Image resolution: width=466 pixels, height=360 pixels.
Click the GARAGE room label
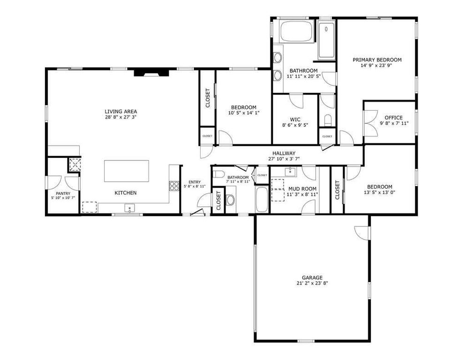(x=312, y=277)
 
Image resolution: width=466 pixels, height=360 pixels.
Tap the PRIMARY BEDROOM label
(x=377, y=60)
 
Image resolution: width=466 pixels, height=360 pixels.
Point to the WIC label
(x=295, y=119)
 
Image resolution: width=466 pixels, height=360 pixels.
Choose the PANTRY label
(x=63, y=193)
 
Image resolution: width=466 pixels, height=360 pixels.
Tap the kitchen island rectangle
(x=127, y=171)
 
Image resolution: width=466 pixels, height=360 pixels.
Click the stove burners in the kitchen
(x=174, y=185)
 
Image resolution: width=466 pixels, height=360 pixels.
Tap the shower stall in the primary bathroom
(x=326, y=41)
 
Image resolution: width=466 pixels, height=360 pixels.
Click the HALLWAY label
(x=284, y=153)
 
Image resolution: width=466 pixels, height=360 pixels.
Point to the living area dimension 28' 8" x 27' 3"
(x=121, y=117)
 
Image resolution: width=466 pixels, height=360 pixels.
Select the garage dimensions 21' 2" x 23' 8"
(x=312, y=283)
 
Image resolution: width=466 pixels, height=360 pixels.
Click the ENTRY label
(x=194, y=182)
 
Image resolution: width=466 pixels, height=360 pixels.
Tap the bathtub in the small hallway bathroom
(x=262, y=200)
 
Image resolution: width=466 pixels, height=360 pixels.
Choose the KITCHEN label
(x=126, y=193)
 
